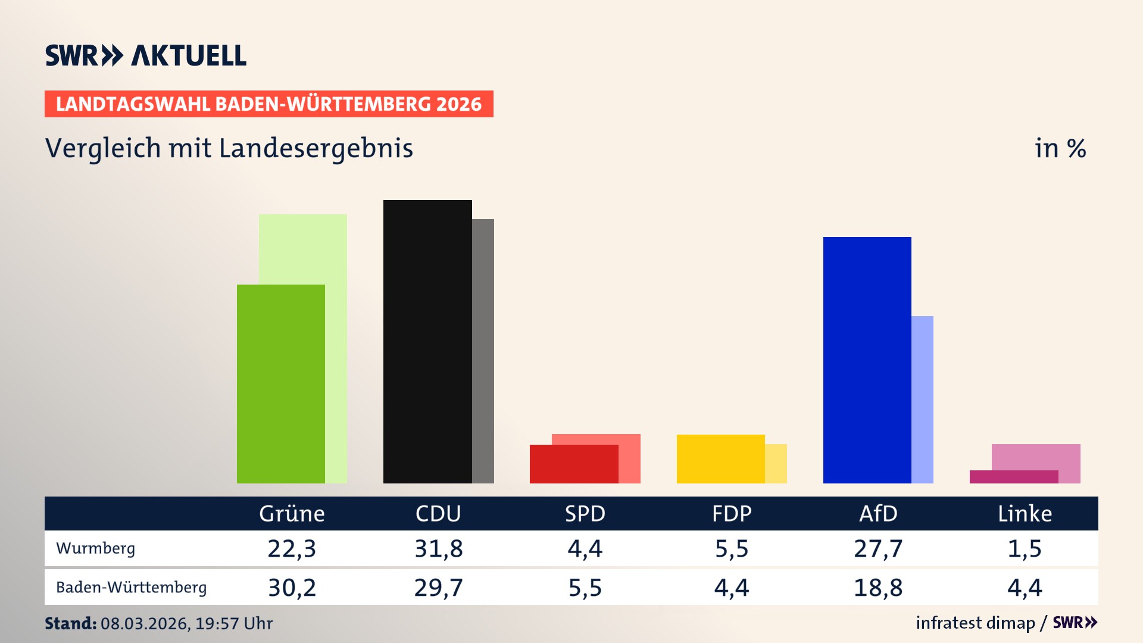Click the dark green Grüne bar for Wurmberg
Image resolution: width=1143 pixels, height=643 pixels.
point(280,384)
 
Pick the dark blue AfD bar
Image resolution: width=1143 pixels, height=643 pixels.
point(867,360)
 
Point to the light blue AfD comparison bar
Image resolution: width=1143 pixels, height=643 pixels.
point(922,399)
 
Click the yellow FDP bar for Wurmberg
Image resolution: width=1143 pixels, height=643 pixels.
point(720,458)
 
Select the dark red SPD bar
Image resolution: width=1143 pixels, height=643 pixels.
point(573,464)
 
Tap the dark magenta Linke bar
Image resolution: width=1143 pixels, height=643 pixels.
point(1013,477)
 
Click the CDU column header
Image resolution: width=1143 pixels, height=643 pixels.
point(438,513)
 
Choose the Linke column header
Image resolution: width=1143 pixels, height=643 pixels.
point(1025,513)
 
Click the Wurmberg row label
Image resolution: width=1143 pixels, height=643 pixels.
point(96,548)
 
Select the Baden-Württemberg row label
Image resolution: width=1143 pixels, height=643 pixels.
point(132,587)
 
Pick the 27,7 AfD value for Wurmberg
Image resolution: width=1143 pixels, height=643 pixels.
point(878,548)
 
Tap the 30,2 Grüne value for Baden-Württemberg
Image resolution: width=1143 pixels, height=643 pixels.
point(292,588)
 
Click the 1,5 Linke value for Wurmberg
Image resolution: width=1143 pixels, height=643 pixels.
point(1025,548)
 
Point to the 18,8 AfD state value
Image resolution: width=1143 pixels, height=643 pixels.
point(878,588)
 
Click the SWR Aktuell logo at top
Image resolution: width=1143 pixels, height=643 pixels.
point(146,55)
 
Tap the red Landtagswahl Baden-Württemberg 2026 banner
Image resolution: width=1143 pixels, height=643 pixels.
point(268,104)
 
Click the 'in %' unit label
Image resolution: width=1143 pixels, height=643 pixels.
point(1060,148)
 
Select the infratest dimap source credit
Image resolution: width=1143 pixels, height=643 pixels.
point(975,623)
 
